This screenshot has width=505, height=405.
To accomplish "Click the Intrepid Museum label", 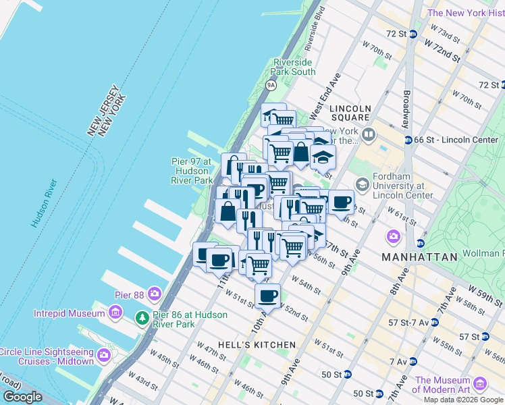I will [70, 313].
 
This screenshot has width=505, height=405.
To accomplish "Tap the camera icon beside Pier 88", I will [155, 294].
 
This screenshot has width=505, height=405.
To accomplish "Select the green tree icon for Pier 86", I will [142, 317].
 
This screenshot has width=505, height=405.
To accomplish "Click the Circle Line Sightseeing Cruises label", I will [47, 356].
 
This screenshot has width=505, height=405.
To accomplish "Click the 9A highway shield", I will [271, 85].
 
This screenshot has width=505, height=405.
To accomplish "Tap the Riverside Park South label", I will [294, 67].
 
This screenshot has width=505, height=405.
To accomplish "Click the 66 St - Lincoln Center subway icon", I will [409, 140].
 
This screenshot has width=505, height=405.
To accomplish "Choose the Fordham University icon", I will [363, 184].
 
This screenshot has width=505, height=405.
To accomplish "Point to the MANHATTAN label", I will [415, 257].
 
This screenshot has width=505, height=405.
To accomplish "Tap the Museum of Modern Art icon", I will [481, 384].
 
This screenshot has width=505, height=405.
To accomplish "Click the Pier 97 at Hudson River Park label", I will [192, 171].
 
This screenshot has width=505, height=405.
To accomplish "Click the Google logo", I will [23, 398].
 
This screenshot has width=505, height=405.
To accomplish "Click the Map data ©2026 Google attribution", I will [462, 400].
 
